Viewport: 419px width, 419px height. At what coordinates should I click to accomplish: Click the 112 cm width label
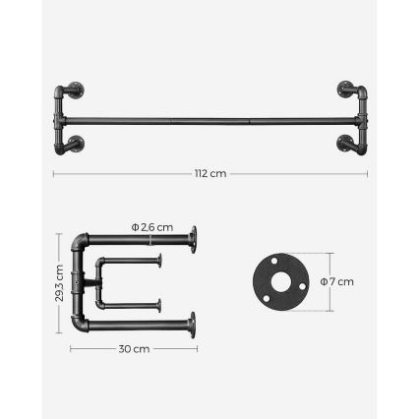point(210,174)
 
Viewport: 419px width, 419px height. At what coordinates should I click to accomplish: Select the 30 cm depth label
point(134,348)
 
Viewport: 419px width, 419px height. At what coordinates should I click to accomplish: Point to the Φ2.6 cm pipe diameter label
point(153,227)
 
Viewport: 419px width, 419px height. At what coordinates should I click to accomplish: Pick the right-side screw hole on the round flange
point(300,286)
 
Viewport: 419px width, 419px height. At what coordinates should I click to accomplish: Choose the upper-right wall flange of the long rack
point(345,90)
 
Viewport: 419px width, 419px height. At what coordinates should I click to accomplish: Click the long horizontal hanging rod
point(210,120)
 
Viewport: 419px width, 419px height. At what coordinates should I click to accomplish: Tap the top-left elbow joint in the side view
point(80,242)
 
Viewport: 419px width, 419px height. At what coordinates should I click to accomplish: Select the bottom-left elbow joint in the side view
point(80,323)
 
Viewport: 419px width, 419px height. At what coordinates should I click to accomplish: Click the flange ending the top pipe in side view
point(194,238)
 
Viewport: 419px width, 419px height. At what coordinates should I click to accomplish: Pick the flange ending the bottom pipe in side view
point(194,323)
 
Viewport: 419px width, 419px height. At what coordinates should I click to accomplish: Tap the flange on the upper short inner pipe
point(159,261)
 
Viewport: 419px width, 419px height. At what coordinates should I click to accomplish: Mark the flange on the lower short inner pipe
point(159,304)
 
